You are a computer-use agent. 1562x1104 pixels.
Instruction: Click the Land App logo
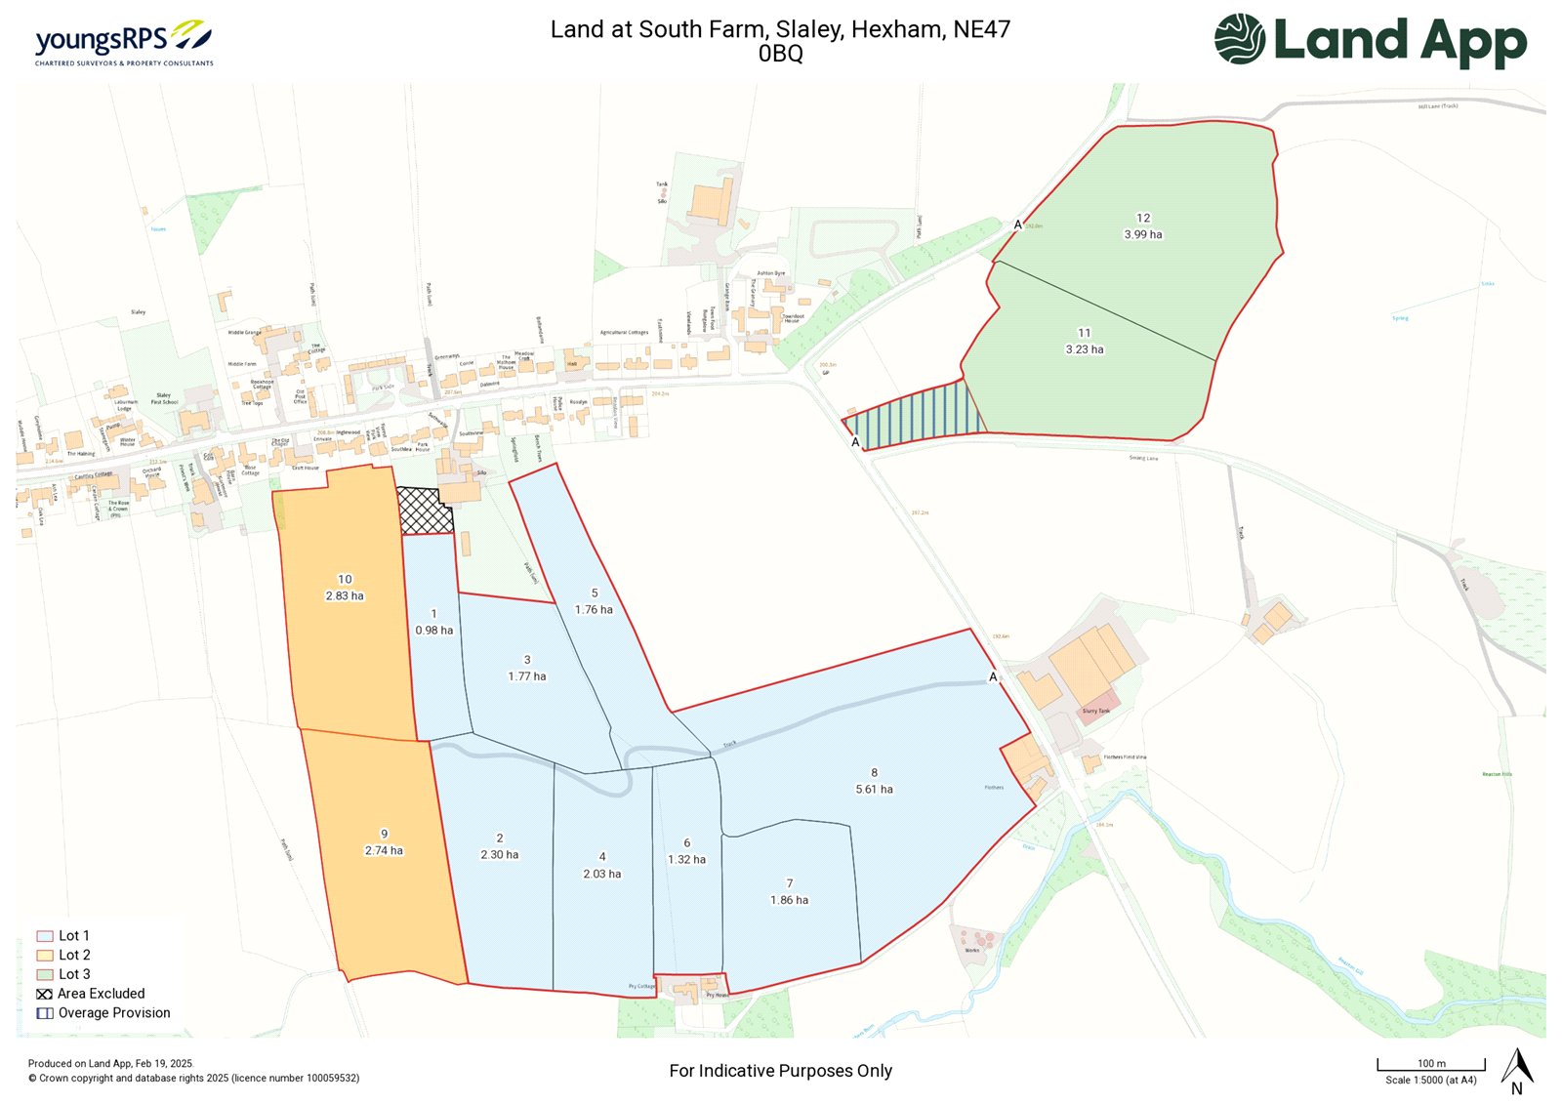click(1371, 41)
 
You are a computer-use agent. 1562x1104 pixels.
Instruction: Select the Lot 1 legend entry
click(63, 935)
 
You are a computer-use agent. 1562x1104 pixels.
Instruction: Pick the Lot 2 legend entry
click(64, 955)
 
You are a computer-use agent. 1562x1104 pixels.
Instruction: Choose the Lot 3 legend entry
click(64, 974)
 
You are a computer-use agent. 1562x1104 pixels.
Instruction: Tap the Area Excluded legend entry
click(91, 994)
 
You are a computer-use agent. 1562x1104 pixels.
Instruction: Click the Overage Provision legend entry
click(103, 1013)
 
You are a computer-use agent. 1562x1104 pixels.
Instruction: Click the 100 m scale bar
click(1431, 1065)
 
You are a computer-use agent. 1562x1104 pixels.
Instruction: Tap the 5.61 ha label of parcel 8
click(874, 789)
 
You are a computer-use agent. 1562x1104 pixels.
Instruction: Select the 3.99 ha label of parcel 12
click(1142, 234)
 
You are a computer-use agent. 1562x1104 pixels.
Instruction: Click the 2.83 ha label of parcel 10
click(345, 595)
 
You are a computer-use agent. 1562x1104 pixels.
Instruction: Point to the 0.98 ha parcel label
click(433, 631)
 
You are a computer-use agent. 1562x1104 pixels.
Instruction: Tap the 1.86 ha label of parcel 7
click(789, 900)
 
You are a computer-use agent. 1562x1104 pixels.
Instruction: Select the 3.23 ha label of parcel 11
click(1084, 349)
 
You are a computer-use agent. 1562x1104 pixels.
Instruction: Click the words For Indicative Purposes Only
click(780, 1071)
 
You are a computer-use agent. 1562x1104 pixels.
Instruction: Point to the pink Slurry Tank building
click(1097, 710)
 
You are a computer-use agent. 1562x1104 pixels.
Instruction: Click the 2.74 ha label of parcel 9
click(384, 850)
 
